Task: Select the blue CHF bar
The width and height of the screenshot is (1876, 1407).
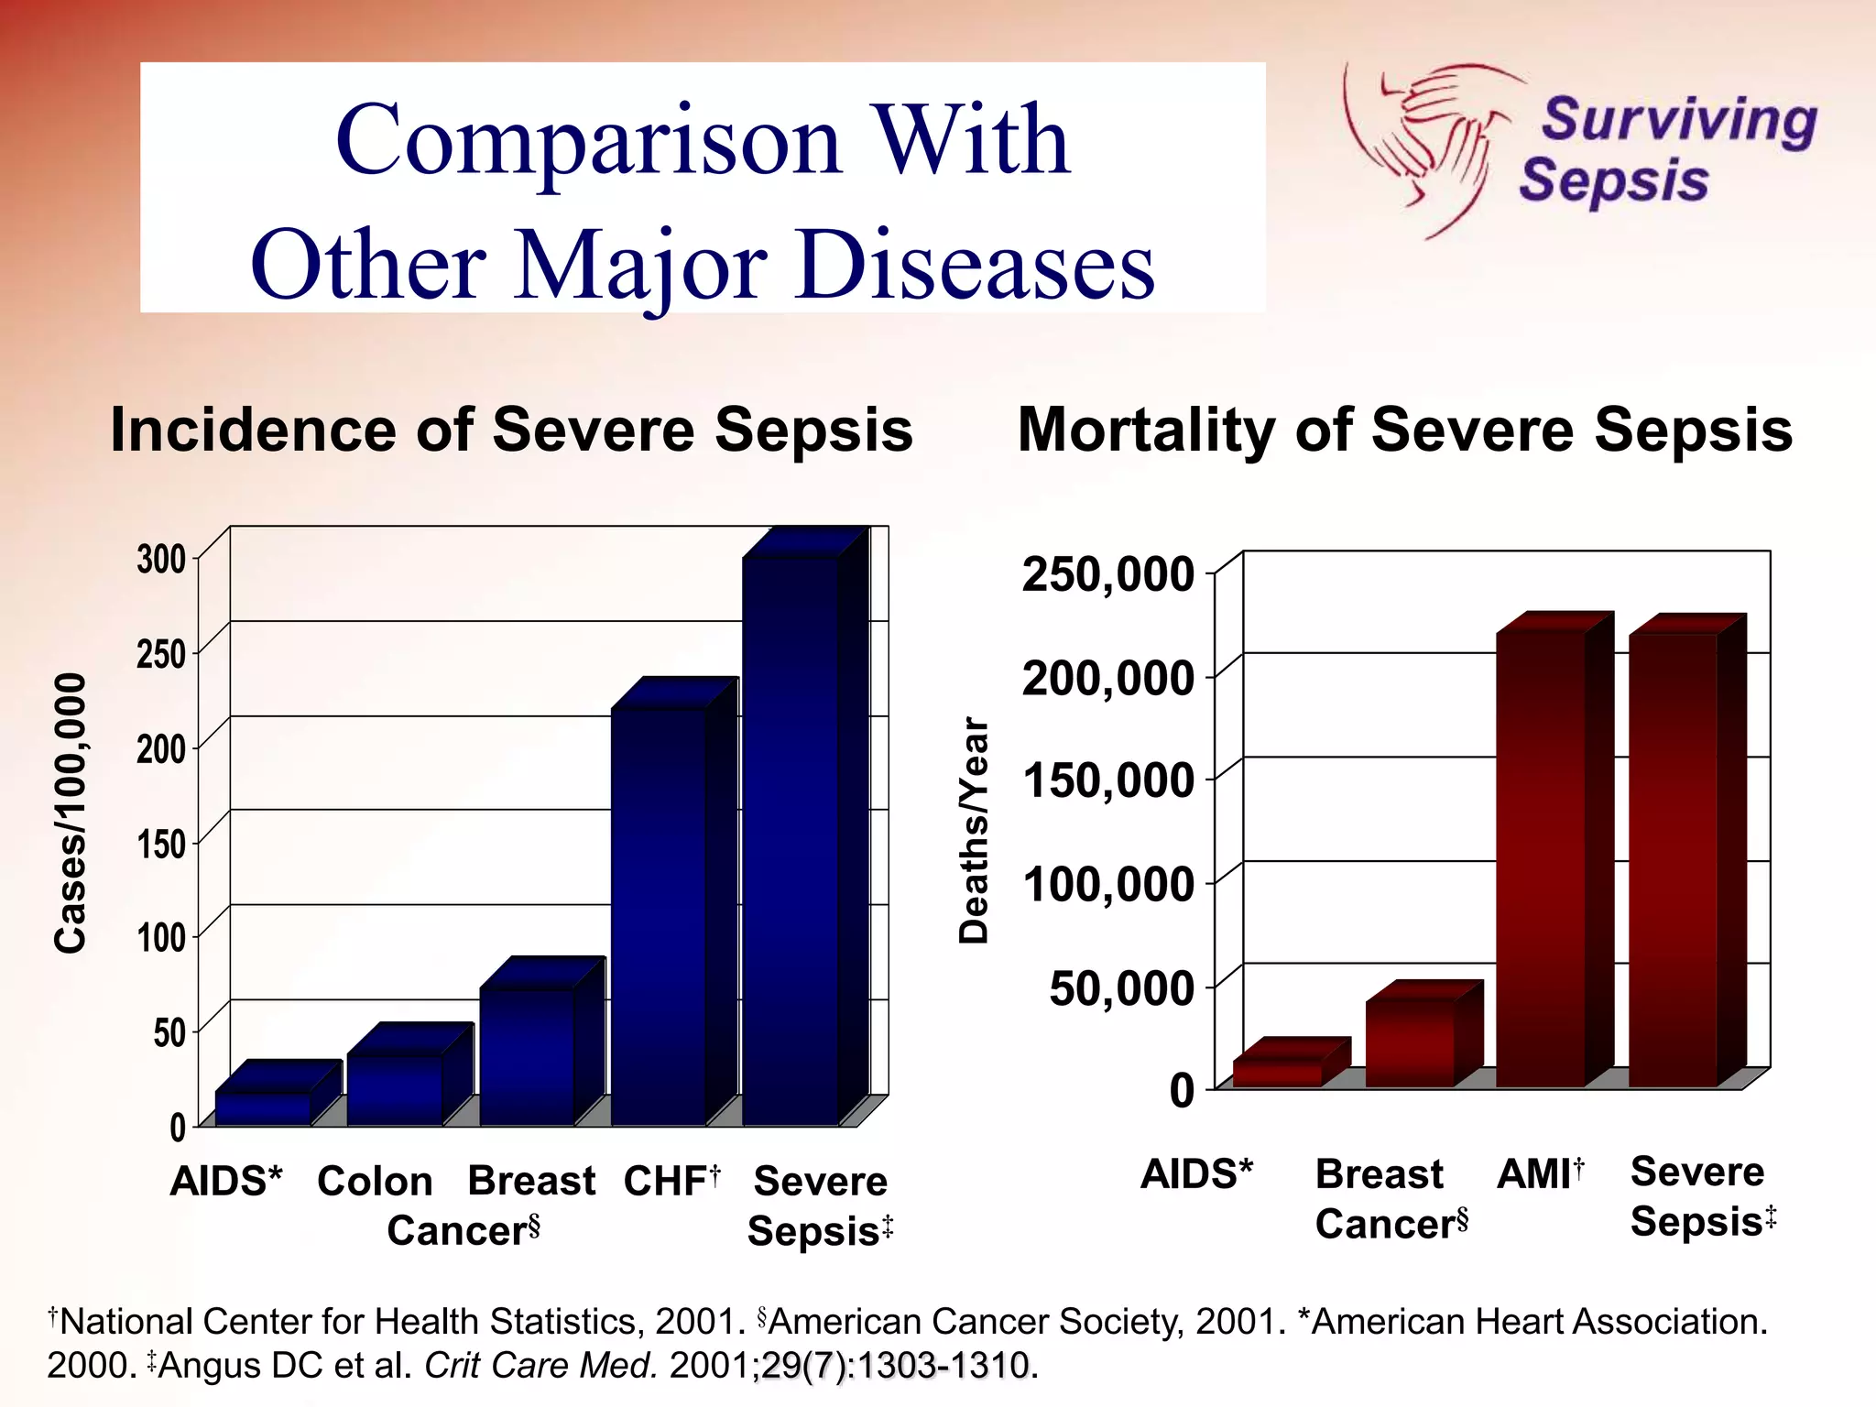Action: [x=659, y=916]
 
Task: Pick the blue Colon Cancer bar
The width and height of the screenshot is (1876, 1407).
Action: [x=395, y=1089]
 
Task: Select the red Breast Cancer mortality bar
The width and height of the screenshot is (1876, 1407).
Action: [x=1410, y=1042]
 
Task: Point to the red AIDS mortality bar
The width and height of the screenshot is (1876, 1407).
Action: [x=1278, y=1073]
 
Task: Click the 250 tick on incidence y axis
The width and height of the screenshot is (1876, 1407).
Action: [x=161, y=654]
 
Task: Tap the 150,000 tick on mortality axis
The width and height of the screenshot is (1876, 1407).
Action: [x=1108, y=781]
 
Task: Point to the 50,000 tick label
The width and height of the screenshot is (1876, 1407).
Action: [x=1121, y=988]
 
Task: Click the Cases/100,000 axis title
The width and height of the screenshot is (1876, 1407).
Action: [x=71, y=813]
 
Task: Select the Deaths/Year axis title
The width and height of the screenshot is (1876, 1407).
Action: [x=974, y=831]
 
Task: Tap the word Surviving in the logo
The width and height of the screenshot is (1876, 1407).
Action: [x=1679, y=120]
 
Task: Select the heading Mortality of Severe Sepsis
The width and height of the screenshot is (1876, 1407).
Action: [x=1404, y=430]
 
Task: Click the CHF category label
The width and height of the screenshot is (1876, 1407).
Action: [x=671, y=1181]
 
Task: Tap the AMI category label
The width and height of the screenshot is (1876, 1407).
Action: [x=1539, y=1174]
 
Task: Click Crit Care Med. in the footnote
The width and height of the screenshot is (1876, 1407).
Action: [x=540, y=1365]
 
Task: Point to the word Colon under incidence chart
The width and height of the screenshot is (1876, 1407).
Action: [x=375, y=1181]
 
